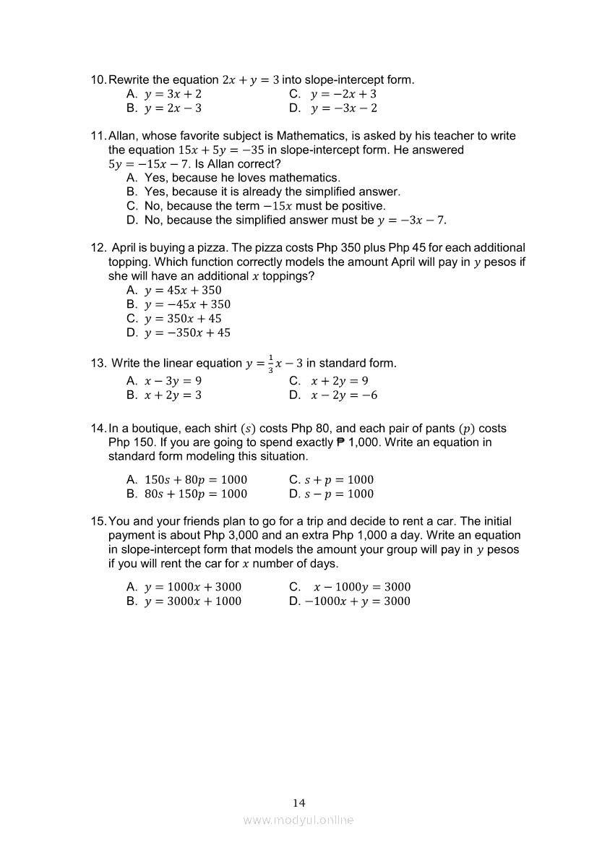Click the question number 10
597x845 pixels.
(x=98, y=80)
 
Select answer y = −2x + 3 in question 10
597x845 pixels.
(x=343, y=94)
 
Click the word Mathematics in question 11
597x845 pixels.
(x=310, y=136)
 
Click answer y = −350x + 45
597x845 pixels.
(x=187, y=333)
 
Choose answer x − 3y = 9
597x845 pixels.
(x=173, y=381)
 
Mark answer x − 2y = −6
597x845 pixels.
(x=344, y=395)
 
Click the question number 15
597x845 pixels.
(x=98, y=521)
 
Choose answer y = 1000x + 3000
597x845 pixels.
(x=193, y=587)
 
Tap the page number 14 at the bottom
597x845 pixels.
(x=299, y=803)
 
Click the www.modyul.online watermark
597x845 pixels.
(x=298, y=820)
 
